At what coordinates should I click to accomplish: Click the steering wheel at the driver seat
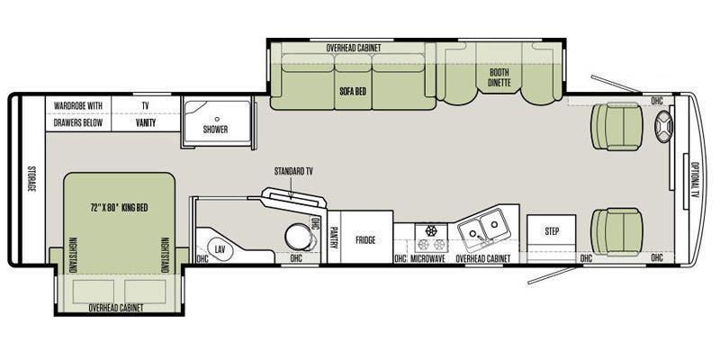[664, 127]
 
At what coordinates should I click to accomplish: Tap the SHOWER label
[215, 130]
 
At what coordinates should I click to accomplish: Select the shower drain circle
[217, 119]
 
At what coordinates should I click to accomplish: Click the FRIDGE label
[365, 239]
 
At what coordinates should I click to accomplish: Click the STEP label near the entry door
[552, 231]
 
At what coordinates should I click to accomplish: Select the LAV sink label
[220, 248]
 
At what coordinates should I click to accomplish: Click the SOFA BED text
[353, 91]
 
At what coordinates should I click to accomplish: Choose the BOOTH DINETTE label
[499, 77]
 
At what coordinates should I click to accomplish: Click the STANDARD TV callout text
[293, 171]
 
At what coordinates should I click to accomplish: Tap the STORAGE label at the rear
[31, 178]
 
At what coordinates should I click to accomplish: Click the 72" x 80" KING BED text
[119, 208]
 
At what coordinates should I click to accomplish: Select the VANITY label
[146, 123]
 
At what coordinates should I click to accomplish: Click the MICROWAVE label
[427, 258]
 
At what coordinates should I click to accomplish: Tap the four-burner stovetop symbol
[431, 238]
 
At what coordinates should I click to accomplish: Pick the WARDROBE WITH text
[78, 105]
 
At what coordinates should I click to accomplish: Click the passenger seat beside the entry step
[616, 231]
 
